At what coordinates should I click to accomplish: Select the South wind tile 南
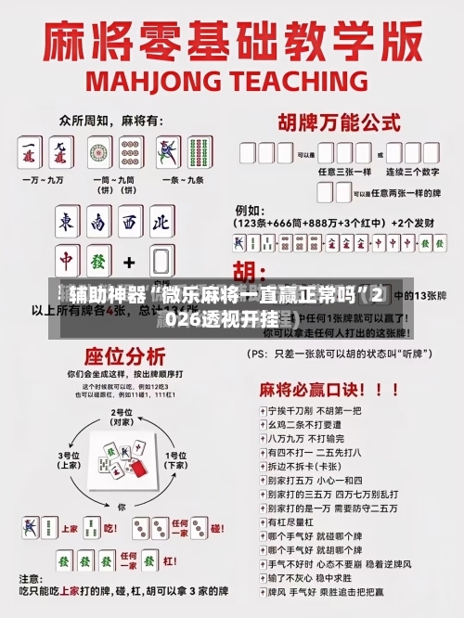coord(98,223)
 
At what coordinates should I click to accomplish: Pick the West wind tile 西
coord(129,223)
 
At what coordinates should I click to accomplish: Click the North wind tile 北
coord(160,223)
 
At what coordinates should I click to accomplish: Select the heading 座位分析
coord(124,356)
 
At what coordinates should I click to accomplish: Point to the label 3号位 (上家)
coord(69,460)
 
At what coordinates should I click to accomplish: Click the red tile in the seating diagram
coord(137,470)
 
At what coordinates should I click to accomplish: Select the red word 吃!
coord(110,528)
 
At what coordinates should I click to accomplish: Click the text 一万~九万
coord(47,178)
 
